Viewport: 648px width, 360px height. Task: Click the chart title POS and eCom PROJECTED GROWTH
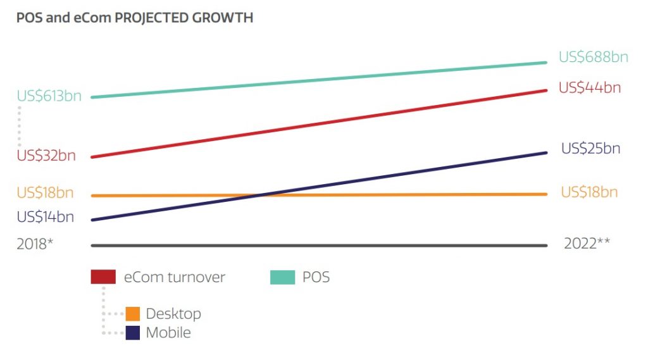[x=135, y=18]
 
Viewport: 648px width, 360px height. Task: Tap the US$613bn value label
[x=49, y=97]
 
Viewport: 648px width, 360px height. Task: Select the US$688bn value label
[x=593, y=57]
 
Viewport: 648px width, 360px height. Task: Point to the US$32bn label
[x=46, y=156]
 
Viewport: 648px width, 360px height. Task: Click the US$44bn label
[x=590, y=88]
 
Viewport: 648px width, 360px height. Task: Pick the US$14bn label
[x=46, y=217]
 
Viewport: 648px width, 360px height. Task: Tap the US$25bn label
[x=590, y=149]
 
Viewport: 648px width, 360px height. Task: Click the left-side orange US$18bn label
[x=46, y=192]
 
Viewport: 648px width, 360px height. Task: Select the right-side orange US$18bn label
[x=589, y=192]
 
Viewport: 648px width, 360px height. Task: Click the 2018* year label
[x=35, y=244]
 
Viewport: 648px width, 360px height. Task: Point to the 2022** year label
[x=587, y=244]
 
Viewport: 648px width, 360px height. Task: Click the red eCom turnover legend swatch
[x=103, y=277]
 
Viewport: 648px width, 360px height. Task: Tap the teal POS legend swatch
[x=282, y=277]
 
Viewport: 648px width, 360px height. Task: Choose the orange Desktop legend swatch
[x=133, y=314]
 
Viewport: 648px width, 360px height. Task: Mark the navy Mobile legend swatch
[x=133, y=333]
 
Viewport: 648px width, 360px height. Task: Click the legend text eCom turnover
[x=175, y=277]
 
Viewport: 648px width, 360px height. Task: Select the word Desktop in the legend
[x=173, y=314]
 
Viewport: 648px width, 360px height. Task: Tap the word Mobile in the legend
[x=168, y=333]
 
